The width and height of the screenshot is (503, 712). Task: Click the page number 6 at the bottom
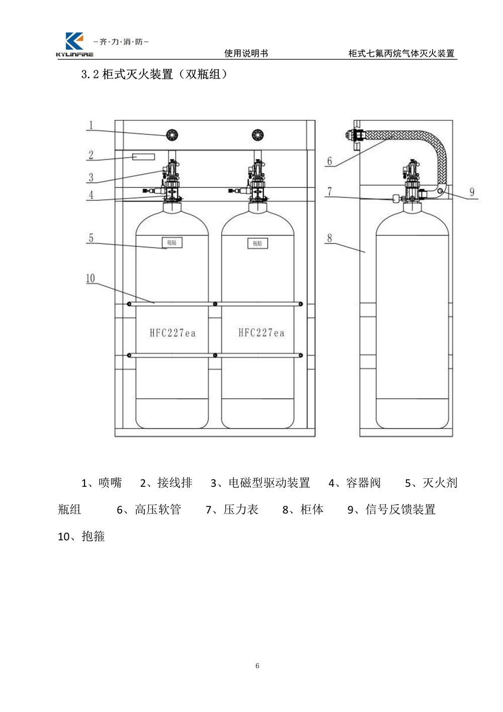click(x=258, y=666)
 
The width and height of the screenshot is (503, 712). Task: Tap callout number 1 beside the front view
click(x=91, y=125)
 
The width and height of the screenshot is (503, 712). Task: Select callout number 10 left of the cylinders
click(x=90, y=278)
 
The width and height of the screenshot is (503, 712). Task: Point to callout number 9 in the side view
click(x=472, y=192)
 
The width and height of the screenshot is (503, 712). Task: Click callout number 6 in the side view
click(x=329, y=161)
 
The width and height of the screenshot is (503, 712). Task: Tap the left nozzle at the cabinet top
click(x=173, y=134)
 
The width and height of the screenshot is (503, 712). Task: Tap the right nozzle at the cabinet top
click(x=259, y=134)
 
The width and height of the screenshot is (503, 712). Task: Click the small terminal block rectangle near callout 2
click(x=142, y=157)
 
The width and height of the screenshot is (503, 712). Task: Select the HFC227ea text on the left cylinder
click(x=173, y=333)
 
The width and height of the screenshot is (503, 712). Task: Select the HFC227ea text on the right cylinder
click(x=261, y=332)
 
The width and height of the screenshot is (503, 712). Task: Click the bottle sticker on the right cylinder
click(x=258, y=243)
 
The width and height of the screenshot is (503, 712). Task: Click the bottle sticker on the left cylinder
click(x=172, y=243)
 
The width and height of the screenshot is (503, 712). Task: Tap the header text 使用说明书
click(x=246, y=53)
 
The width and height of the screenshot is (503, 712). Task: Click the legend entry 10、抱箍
click(x=81, y=536)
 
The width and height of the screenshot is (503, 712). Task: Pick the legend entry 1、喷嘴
click(x=102, y=483)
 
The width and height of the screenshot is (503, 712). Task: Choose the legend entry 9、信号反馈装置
click(x=391, y=510)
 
